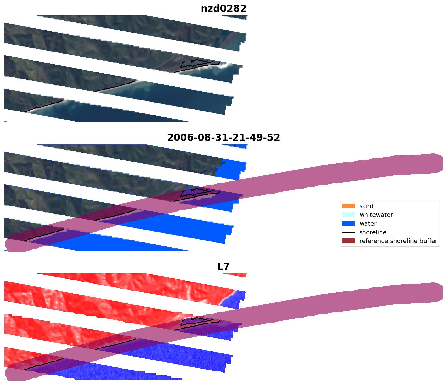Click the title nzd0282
tap(223, 9)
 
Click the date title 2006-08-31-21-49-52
tap(223, 138)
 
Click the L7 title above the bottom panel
tap(223, 267)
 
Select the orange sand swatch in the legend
tap(348, 206)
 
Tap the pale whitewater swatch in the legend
tap(348, 215)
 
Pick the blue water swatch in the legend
tap(348, 224)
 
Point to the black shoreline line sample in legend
tap(348, 232)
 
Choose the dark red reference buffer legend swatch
tap(348, 241)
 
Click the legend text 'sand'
tap(366, 206)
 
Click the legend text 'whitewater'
tap(376, 215)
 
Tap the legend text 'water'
tap(368, 224)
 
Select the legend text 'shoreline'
tap(373, 232)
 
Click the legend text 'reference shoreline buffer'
tap(398, 241)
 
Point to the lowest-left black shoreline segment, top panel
tap(43, 106)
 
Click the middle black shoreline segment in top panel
tap(115, 86)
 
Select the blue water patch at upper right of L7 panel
tap(235, 299)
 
